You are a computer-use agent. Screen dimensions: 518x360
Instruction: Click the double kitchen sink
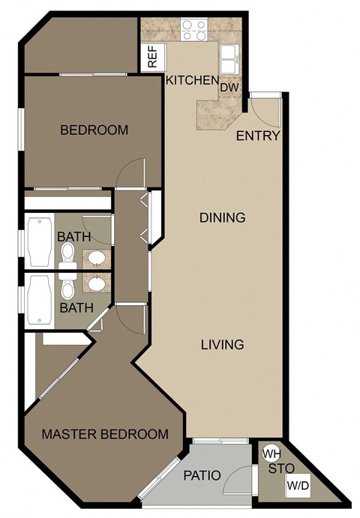(x=229, y=54)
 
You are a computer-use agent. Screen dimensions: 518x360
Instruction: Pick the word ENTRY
(x=258, y=136)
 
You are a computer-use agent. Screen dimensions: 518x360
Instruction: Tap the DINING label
(x=222, y=218)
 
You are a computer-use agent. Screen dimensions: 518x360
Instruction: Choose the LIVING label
(x=222, y=345)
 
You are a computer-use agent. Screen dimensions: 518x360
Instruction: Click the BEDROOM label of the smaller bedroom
(x=94, y=130)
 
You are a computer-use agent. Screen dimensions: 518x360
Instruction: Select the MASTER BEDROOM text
(x=104, y=434)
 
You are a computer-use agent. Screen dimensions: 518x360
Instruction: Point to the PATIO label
(x=202, y=475)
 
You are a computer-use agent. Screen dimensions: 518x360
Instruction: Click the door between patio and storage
(x=238, y=480)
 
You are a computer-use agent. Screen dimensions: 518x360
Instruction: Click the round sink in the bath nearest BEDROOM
(x=95, y=259)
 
